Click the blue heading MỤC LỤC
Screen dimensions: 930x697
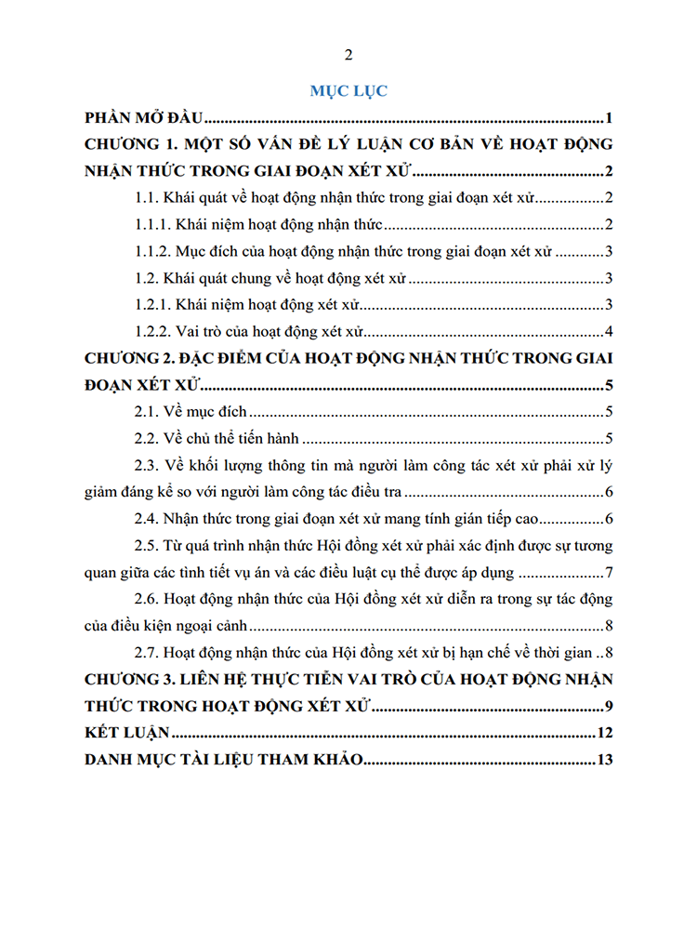tap(348, 91)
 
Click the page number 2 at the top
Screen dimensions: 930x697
tap(348, 54)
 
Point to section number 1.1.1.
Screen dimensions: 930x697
tap(151, 225)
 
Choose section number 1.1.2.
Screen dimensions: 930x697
tap(151, 252)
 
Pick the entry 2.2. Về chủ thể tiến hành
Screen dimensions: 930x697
tap(216, 439)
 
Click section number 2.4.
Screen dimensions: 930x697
tap(147, 519)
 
